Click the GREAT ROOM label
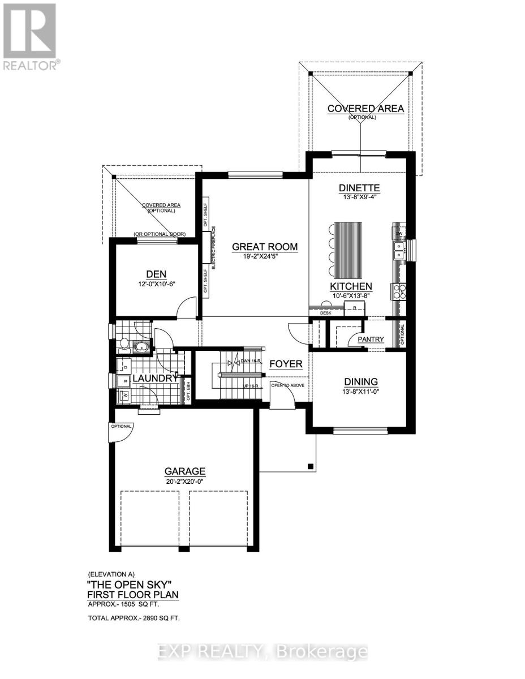pos(265,247)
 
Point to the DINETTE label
pos(359,188)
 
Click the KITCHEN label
pos(351,286)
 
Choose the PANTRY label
pos(371,339)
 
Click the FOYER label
pos(285,364)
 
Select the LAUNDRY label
pos(153,377)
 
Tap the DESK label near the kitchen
pos(325,312)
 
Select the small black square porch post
pos(310,466)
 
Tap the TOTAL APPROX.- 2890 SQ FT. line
pos(134,618)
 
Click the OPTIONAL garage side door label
pos(121,426)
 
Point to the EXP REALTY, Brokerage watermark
pos(262,652)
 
